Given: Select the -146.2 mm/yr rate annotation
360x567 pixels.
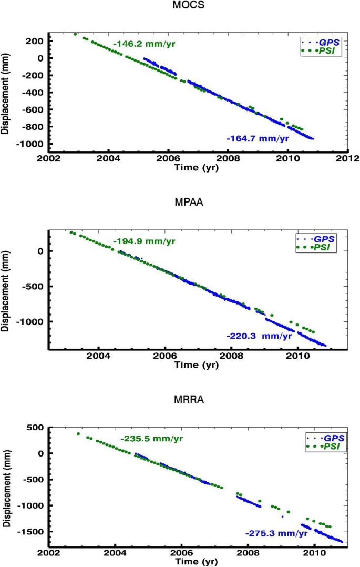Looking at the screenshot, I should point(143,44).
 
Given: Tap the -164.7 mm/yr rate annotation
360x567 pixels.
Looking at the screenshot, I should point(258,139).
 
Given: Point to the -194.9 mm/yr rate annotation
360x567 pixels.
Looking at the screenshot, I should point(143,241).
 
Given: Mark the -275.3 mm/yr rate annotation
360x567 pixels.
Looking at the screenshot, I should point(276,533).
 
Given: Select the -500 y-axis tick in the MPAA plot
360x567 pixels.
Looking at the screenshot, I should point(34,287).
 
